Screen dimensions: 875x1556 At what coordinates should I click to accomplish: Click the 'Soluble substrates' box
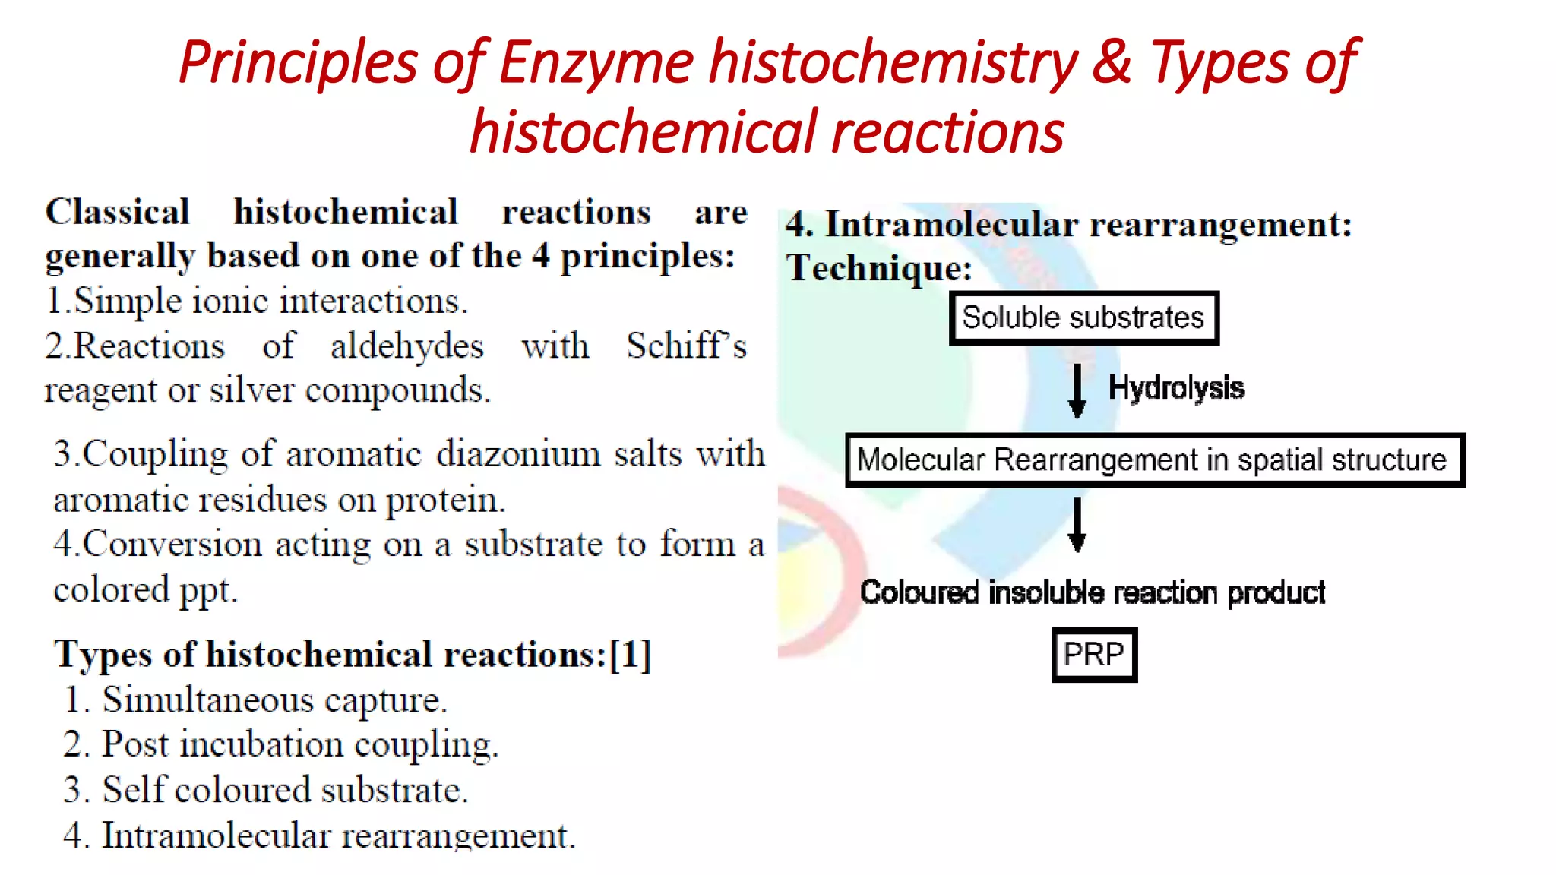point(1083,317)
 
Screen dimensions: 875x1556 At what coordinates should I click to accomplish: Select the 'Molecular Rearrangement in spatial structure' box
point(1154,460)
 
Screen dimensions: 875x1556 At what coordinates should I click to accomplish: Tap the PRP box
point(1094,654)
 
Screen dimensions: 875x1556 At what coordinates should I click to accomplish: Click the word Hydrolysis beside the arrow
point(1176,388)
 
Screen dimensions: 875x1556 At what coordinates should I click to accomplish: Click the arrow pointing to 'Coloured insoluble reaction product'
point(1077,525)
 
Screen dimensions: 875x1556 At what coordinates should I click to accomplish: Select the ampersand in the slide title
point(1112,62)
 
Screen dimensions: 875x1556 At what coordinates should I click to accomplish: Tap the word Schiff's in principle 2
point(686,346)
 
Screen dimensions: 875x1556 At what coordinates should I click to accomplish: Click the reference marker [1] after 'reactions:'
point(630,654)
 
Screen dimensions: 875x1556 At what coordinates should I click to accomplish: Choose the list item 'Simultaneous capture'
point(274,700)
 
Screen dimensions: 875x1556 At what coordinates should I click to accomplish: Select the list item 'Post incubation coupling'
point(299,744)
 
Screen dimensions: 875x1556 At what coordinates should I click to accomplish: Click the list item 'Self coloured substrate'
point(285,790)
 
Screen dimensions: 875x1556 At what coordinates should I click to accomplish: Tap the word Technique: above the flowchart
point(879,268)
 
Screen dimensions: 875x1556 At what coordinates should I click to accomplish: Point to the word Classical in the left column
point(118,212)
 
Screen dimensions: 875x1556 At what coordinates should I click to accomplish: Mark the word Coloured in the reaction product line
point(919,592)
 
